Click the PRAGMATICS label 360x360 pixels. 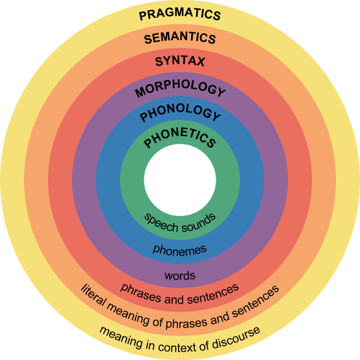(180, 15)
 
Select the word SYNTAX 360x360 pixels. (180, 62)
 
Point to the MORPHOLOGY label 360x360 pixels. (180, 90)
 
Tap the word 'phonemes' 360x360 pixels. (179, 250)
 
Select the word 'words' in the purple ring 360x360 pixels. (180, 275)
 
